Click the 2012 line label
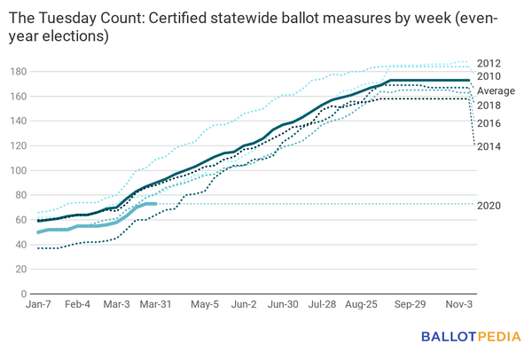click(x=489, y=63)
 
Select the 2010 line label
click(x=489, y=77)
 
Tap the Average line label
click(x=496, y=91)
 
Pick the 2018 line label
click(x=489, y=106)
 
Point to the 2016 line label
click(x=489, y=123)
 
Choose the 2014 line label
click(x=489, y=145)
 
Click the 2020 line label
click(x=489, y=206)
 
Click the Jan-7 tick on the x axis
click(x=39, y=304)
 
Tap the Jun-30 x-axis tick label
click(x=284, y=304)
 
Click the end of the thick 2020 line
click(x=156, y=204)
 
